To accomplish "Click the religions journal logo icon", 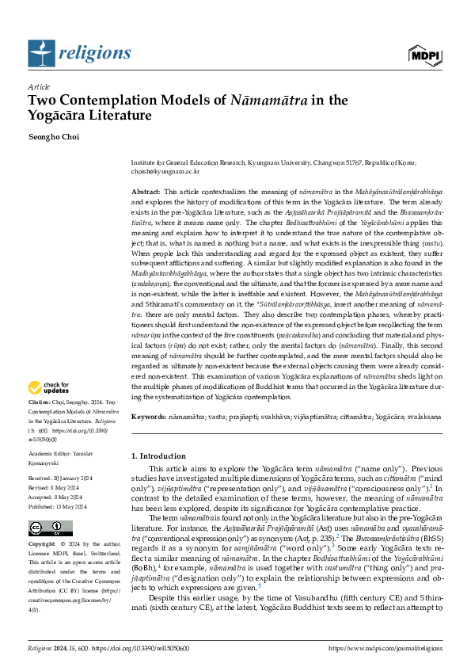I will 40,52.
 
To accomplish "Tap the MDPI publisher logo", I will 425,54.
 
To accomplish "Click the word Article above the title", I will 39,87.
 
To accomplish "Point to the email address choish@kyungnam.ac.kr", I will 165,170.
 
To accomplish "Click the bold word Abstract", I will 146,192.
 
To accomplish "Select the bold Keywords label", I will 148,416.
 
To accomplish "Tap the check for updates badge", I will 49,387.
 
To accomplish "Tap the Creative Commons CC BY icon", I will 40,528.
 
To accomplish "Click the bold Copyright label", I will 43,545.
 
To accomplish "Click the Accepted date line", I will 57,497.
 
